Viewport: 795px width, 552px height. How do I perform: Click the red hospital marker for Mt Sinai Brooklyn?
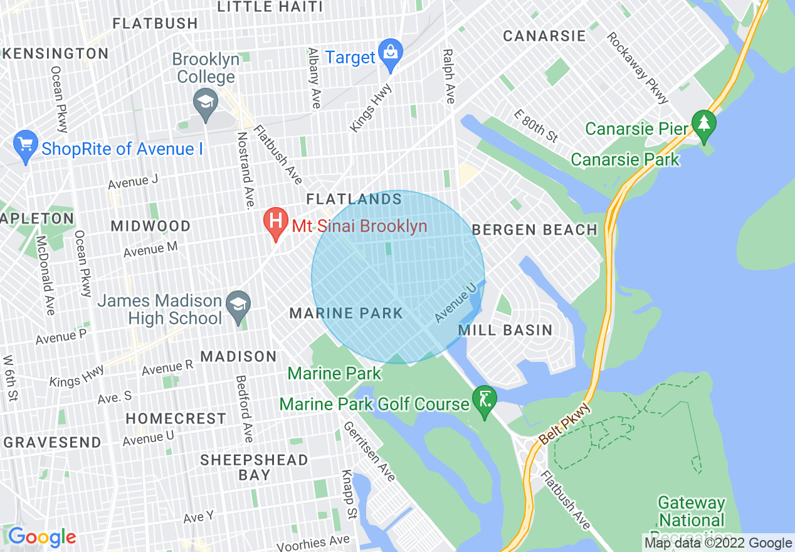[x=275, y=225]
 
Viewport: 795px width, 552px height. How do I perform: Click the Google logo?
[x=42, y=537]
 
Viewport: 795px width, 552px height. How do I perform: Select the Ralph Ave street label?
[x=448, y=77]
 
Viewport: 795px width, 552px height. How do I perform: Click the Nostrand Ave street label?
[x=245, y=169]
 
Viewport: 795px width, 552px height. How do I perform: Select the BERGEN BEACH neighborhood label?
[x=535, y=230]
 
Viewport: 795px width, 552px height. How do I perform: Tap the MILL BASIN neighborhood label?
[x=505, y=330]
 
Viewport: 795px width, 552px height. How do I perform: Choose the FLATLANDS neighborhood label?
[x=354, y=199]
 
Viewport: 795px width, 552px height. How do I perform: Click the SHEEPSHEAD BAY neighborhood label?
[x=254, y=467]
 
